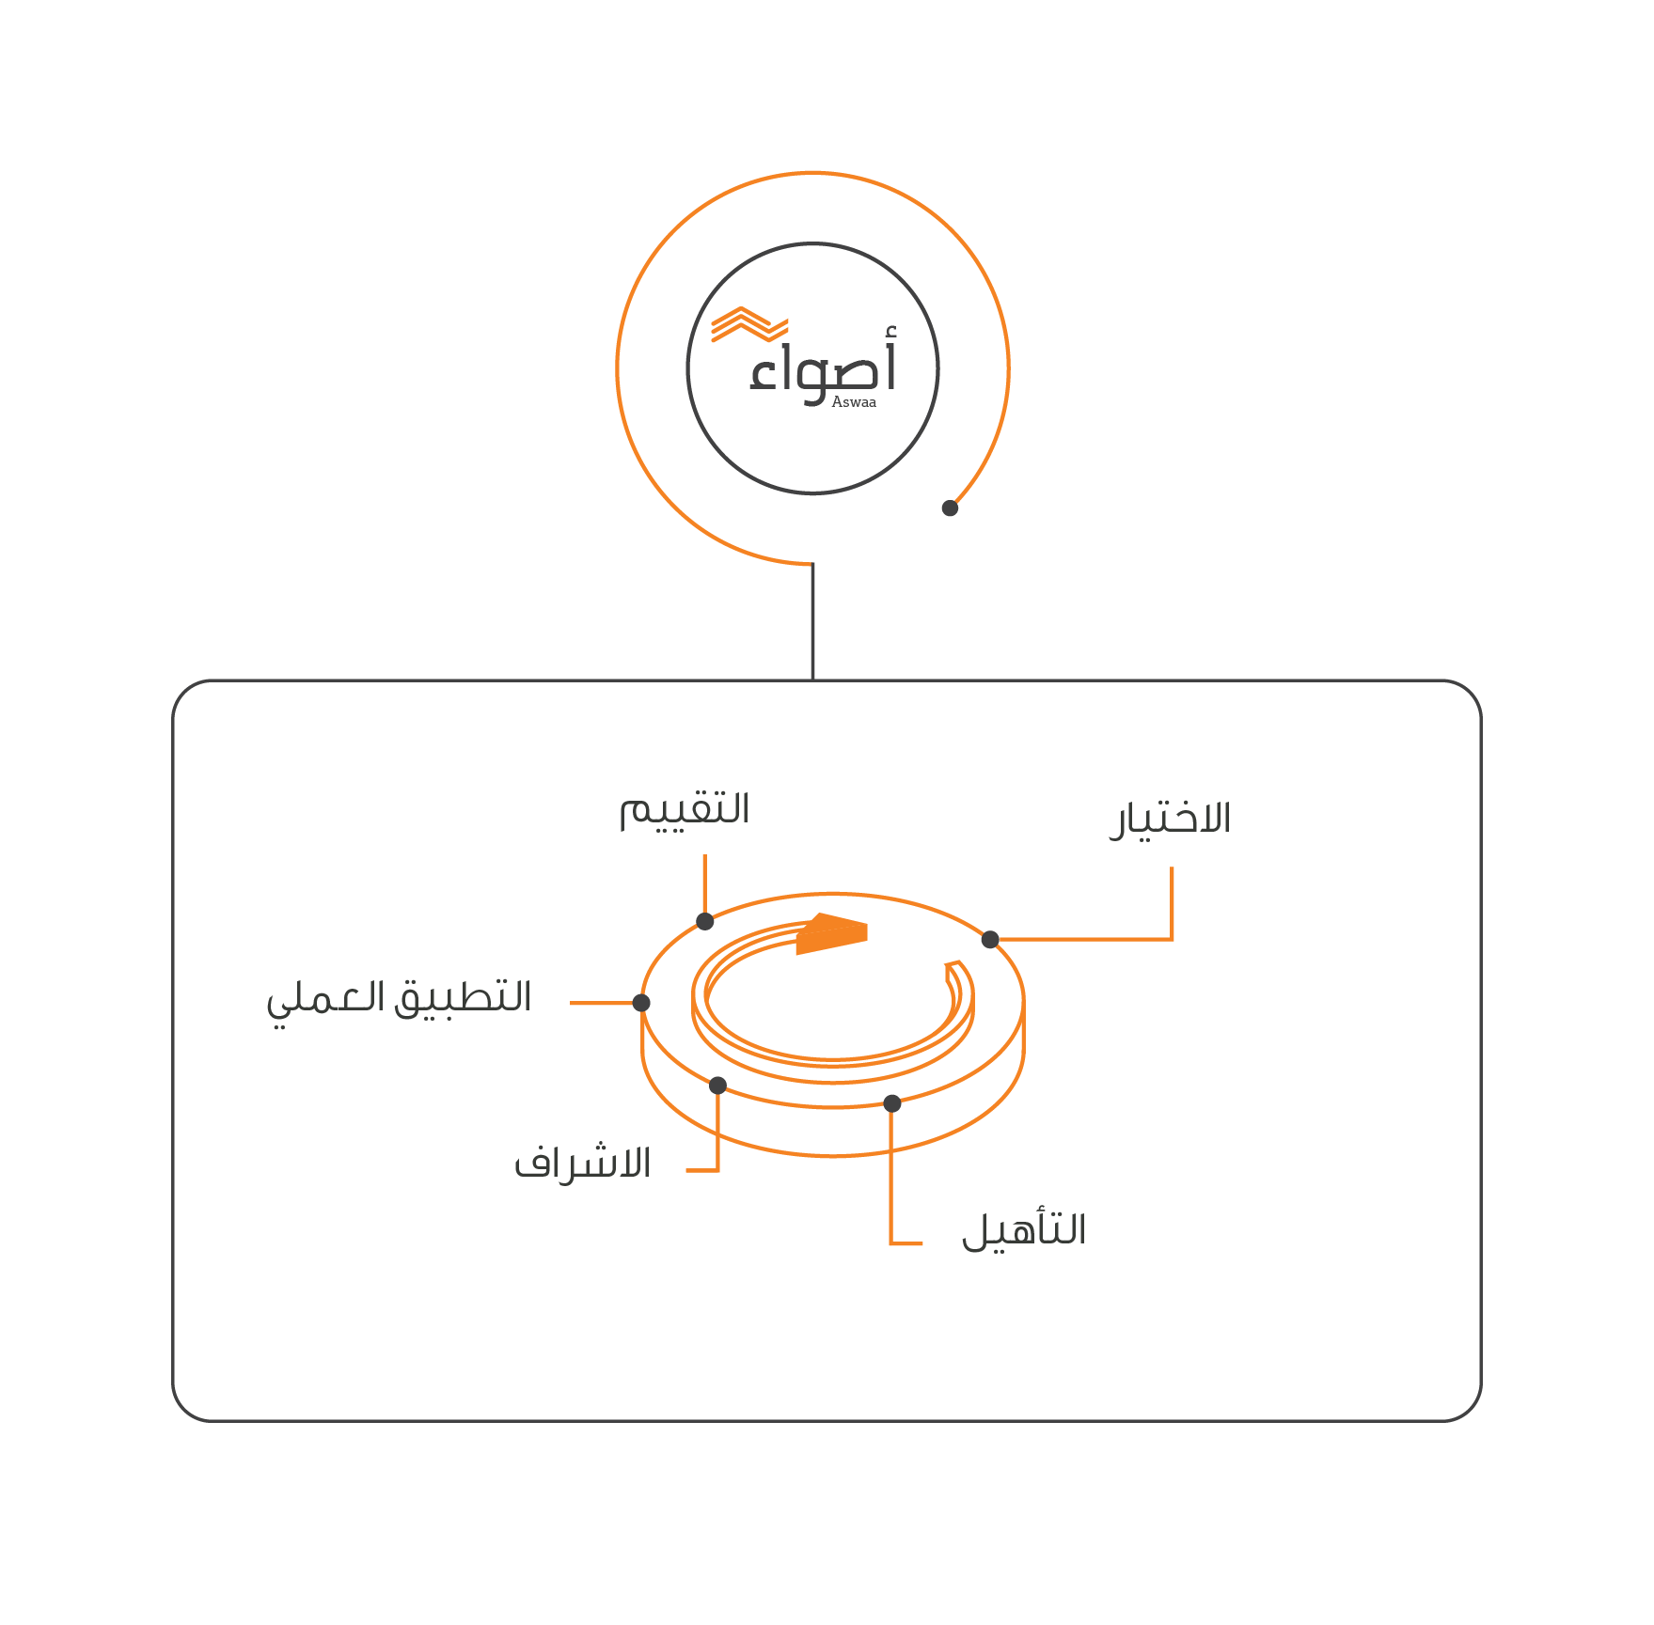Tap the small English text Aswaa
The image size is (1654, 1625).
[x=853, y=402]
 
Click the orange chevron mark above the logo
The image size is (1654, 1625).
[x=748, y=324]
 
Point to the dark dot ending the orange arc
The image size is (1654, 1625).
[x=950, y=508]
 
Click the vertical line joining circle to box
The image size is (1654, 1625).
[x=812, y=620]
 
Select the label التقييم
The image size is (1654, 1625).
[x=684, y=810]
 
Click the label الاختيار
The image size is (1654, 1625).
[x=1170, y=820]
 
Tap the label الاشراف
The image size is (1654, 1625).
[x=582, y=1164]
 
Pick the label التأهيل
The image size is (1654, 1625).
[x=1023, y=1230]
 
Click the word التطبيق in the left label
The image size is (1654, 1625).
[x=463, y=998]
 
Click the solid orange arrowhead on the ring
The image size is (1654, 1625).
[x=831, y=933]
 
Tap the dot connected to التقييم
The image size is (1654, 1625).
[x=705, y=921]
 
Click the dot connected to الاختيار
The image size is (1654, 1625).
[x=990, y=939]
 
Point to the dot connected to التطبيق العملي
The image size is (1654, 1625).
[x=641, y=1003]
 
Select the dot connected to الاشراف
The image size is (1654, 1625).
[x=717, y=1086]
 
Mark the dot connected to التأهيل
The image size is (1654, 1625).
[x=892, y=1103]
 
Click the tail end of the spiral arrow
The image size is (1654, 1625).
[x=954, y=968]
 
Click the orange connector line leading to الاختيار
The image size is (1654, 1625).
[x=1172, y=902]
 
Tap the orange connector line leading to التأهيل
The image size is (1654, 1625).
[x=890, y=1184]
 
